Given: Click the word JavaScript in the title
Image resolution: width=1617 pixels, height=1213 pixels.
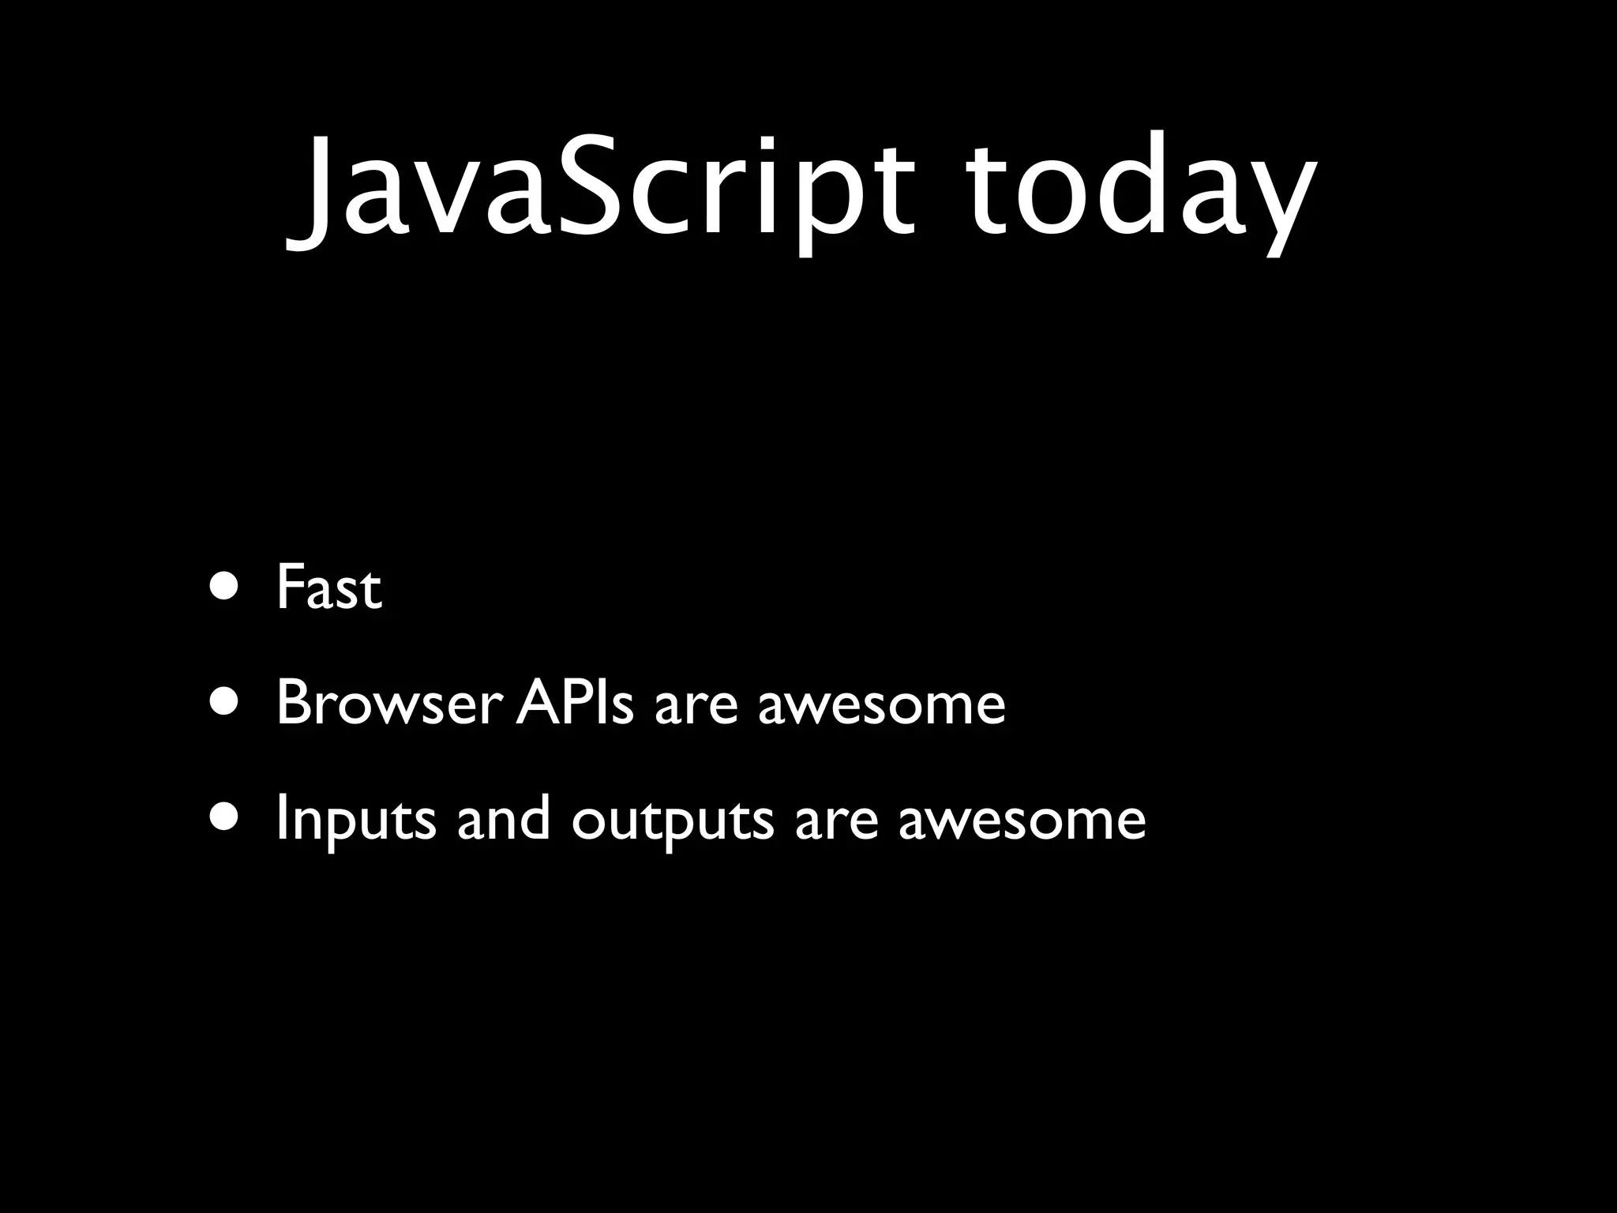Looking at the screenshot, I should (x=600, y=190).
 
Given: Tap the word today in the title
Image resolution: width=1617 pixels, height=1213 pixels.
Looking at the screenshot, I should (x=1141, y=190).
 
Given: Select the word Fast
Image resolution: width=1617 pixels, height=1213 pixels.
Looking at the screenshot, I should (x=328, y=588).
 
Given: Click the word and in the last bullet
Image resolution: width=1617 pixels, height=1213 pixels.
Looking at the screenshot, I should (x=504, y=819).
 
